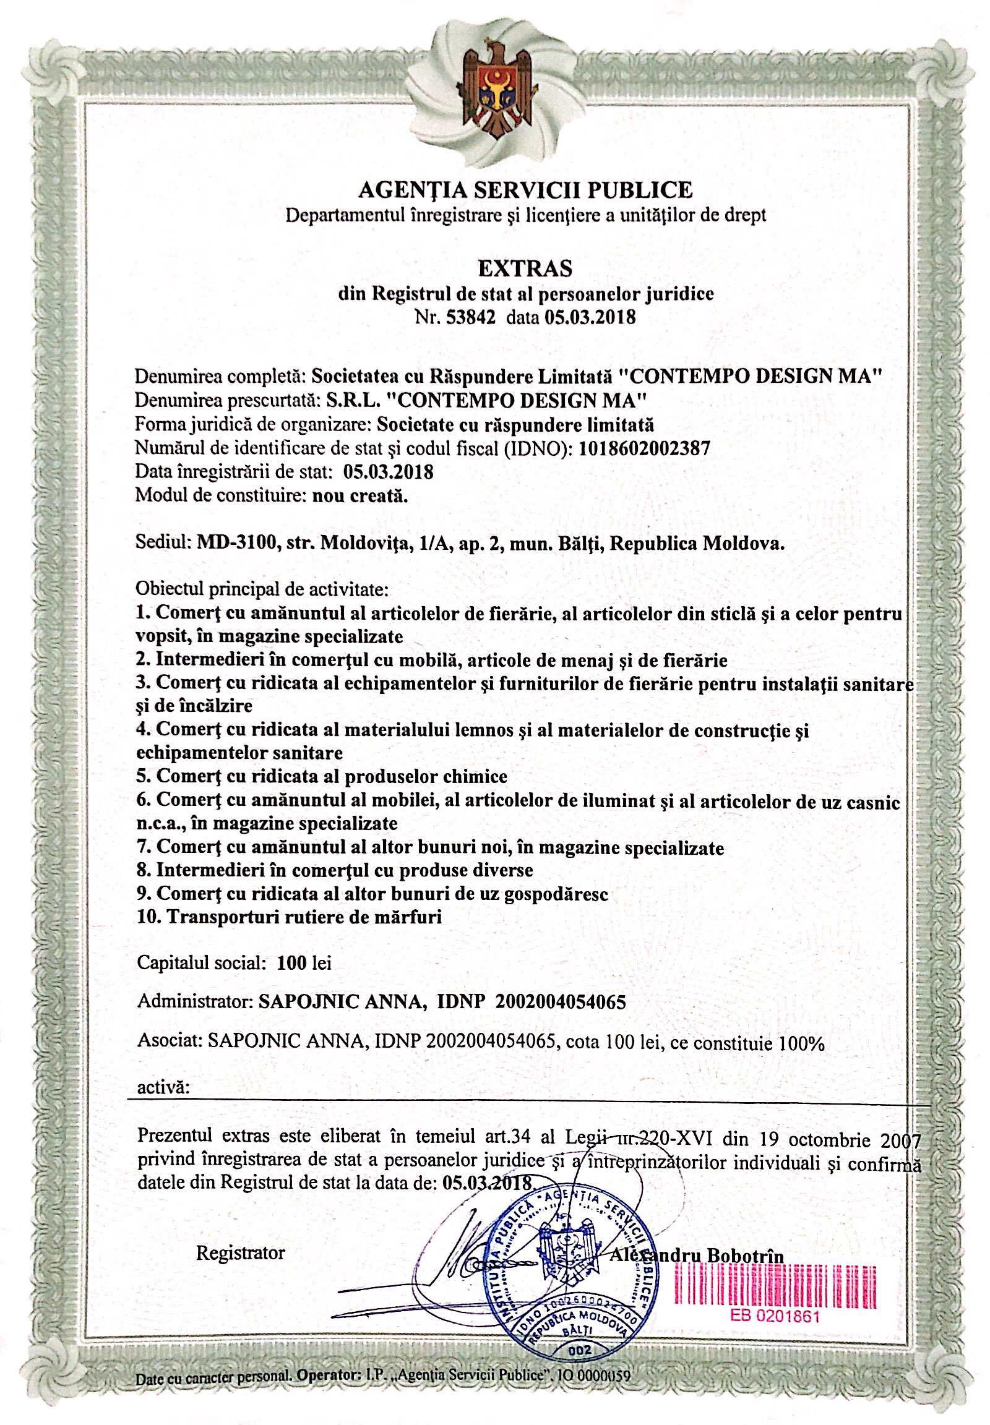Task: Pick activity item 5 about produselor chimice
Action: coord(322,776)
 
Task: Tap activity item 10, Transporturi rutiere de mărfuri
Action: coord(289,917)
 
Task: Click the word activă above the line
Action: coord(163,1087)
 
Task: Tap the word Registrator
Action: coord(240,1252)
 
